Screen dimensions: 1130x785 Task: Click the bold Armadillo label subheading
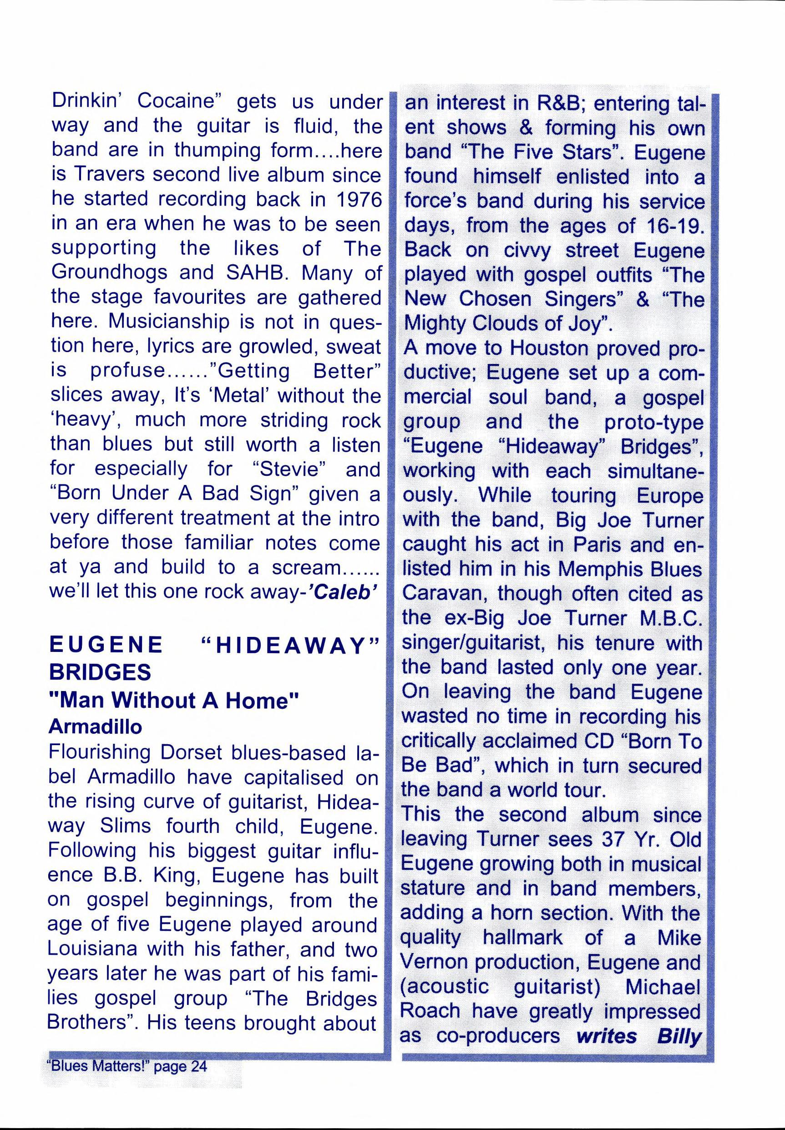[95, 726]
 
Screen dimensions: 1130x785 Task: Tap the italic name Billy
[679, 1036]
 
